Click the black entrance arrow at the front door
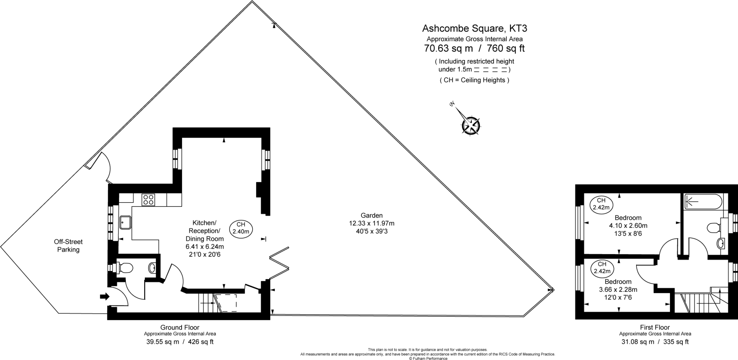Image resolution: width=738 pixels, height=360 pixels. coord(105,297)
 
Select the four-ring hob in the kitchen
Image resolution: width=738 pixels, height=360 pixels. coord(148,200)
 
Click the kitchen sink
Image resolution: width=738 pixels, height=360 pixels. coord(125,222)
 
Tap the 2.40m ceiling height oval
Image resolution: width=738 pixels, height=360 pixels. coord(241,228)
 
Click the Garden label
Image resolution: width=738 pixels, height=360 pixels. coord(372,215)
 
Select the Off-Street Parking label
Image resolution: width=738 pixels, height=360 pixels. coord(68,245)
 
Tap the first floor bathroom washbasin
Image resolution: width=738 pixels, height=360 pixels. coord(720,244)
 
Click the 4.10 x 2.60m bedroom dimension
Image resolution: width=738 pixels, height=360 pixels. coord(628,226)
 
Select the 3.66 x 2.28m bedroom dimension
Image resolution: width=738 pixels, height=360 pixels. coord(618,289)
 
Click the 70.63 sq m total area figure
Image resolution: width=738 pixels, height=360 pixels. coord(448,48)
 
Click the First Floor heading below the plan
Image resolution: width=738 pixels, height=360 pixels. coord(655,327)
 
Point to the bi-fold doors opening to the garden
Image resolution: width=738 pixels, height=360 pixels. coord(280,263)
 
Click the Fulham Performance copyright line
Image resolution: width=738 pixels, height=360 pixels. coord(428,358)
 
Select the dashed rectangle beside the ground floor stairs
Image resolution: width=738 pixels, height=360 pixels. coord(226,303)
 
